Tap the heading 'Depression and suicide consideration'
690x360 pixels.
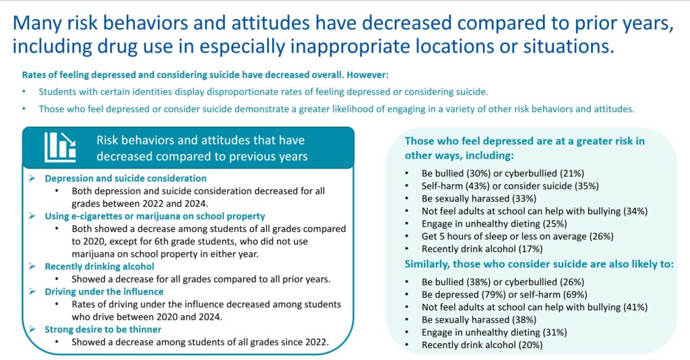coord(125,179)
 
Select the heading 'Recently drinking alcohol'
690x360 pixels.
coord(99,266)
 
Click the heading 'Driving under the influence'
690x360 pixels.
coord(104,291)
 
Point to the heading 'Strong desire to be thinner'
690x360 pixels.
coord(103,329)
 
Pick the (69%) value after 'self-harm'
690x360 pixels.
coord(574,294)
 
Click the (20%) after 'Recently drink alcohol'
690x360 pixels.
coord(529,345)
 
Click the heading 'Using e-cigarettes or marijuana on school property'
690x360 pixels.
coord(154,216)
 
